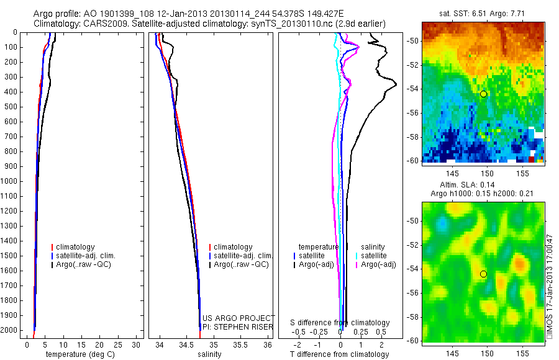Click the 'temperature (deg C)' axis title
[x=77, y=354]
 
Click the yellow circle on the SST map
[x=483, y=94]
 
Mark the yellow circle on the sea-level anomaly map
[x=483, y=274]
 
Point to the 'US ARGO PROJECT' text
[x=239, y=318]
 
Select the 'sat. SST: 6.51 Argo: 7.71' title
[x=483, y=13]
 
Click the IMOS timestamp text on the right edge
[x=549, y=286]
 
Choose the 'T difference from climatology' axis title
[x=340, y=354]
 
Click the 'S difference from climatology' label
[x=340, y=323]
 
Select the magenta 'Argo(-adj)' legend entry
[x=378, y=264]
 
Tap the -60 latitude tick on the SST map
[x=414, y=160]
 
